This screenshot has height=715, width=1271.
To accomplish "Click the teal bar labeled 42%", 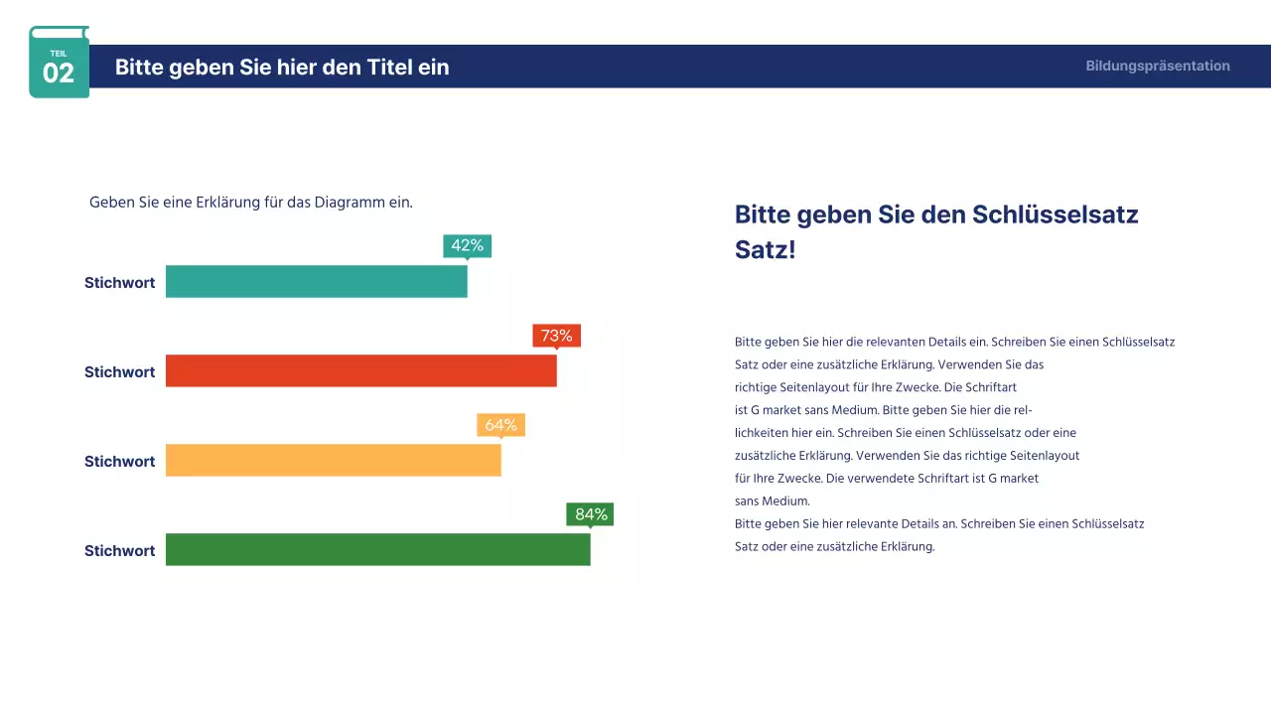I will pyautogui.click(x=316, y=282).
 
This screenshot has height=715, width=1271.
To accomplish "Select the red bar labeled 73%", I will pyautogui.click(x=360, y=371).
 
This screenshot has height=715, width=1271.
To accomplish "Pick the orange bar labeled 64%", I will pyautogui.click(x=333, y=461).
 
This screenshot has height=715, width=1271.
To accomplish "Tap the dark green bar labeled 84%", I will pyautogui.click(x=377, y=550).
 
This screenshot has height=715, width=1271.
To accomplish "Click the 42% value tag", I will pyautogui.click(x=467, y=245).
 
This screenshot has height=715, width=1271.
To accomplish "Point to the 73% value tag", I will pyautogui.click(x=556, y=335).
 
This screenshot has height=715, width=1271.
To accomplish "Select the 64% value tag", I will pyautogui.click(x=500, y=424).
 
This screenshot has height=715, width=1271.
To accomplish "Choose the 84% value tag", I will pyautogui.click(x=590, y=513).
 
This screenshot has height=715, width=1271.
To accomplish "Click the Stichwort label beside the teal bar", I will pyautogui.click(x=119, y=283).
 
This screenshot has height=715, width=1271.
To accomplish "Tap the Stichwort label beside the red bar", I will pyautogui.click(x=119, y=372).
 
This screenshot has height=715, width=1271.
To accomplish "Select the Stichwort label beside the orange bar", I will pyautogui.click(x=119, y=462).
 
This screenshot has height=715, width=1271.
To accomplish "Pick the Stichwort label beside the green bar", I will pyautogui.click(x=119, y=551).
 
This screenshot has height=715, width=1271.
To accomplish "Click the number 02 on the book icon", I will pyautogui.click(x=59, y=73).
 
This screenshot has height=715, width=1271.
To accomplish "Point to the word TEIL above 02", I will pyautogui.click(x=59, y=54).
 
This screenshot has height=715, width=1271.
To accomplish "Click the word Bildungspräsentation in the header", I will pyautogui.click(x=1157, y=67).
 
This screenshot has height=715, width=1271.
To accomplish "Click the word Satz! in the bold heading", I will pyautogui.click(x=765, y=250).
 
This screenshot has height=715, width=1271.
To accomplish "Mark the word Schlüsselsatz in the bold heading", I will pyautogui.click(x=1055, y=214).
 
